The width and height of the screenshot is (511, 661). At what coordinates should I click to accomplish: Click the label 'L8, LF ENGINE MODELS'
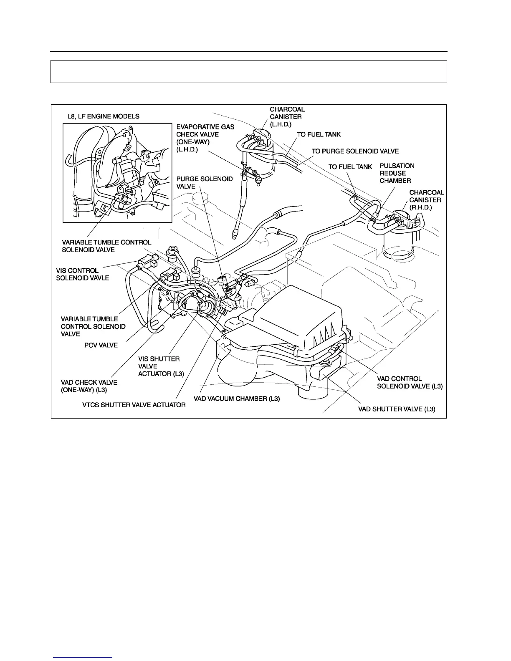[x=104, y=116]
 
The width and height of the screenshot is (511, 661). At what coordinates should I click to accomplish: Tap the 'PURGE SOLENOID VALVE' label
[x=205, y=183]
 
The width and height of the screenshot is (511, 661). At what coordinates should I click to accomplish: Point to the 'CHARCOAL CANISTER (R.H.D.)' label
[x=426, y=200]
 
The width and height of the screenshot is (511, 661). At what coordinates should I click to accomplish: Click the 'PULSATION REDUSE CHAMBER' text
[x=397, y=173]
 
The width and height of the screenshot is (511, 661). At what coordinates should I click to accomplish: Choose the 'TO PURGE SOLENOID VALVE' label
[x=355, y=151]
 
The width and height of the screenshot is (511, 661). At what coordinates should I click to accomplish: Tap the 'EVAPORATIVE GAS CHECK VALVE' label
[x=205, y=138]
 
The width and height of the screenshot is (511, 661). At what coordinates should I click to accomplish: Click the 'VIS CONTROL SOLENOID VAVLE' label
[x=83, y=274]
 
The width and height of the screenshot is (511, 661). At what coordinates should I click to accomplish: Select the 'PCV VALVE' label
[x=101, y=345]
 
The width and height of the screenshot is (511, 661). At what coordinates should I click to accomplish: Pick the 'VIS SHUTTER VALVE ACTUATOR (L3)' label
[x=161, y=366]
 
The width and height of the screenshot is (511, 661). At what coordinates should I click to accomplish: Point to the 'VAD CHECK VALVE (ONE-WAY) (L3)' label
[x=89, y=386]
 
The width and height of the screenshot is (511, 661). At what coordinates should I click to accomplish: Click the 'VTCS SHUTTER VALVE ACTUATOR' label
[x=134, y=405]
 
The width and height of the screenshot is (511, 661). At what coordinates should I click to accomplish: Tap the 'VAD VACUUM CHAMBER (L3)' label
[x=237, y=399]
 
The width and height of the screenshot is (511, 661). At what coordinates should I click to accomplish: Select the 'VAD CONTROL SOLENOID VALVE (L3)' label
[x=409, y=383]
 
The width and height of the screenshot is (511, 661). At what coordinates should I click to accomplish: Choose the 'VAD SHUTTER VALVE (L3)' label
[x=397, y=409]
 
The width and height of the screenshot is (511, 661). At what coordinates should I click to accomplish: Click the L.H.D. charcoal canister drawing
[x=261, y=152]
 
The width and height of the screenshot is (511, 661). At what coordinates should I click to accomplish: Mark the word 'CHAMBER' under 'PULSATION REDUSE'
[x=395, y=181]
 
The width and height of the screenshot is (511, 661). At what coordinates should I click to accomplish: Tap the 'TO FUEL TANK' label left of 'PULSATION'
[x=350, y=167]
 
